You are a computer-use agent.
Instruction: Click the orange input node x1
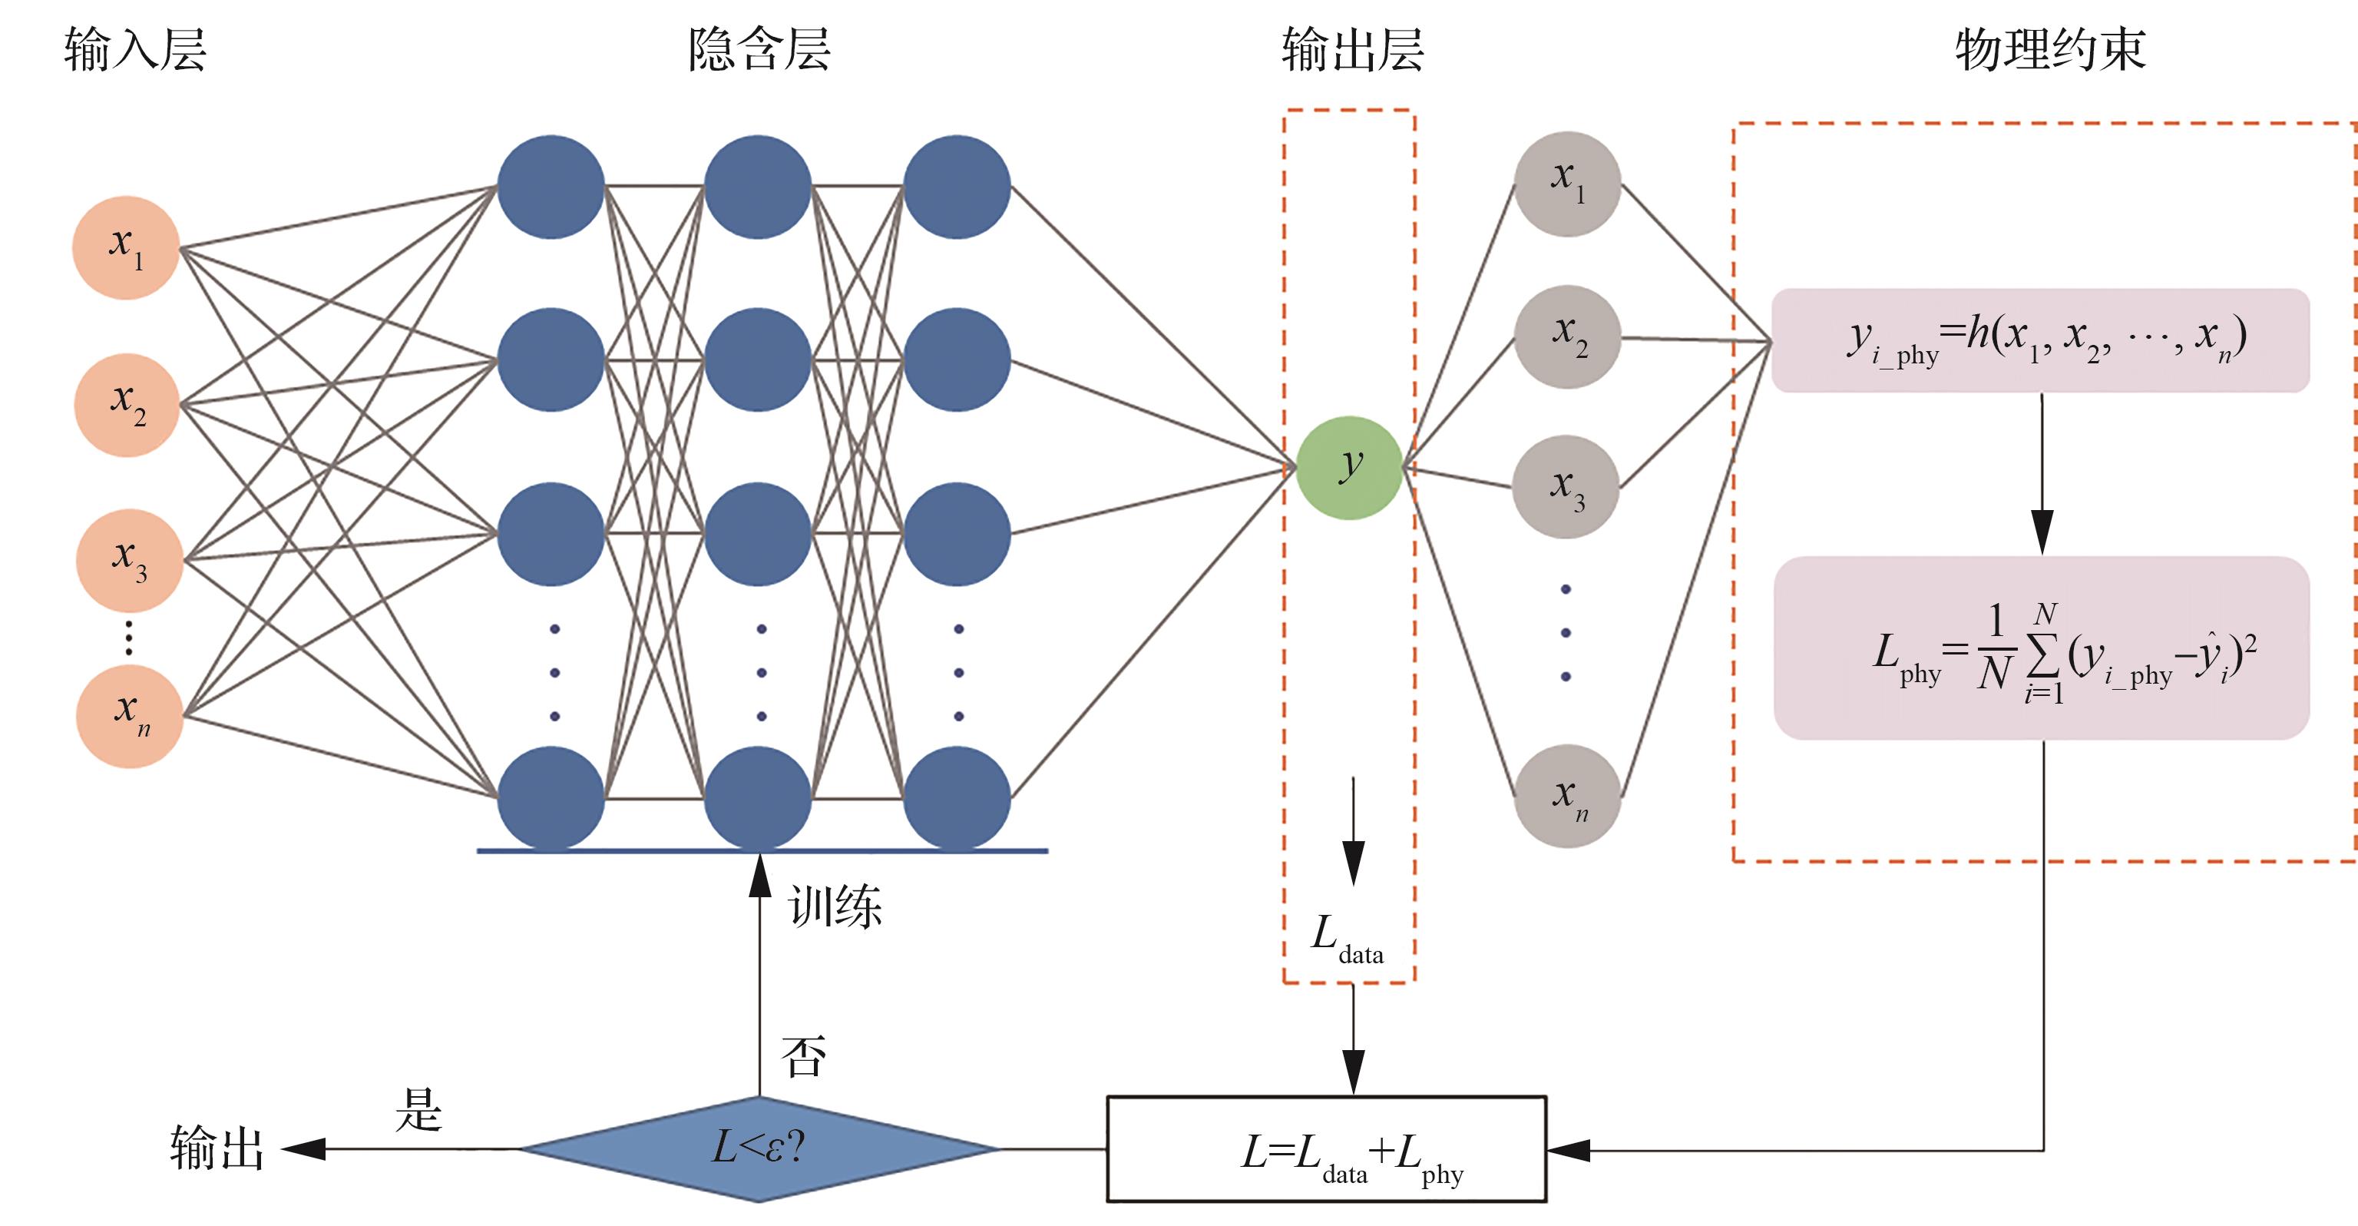pyautogui.click(x=125, y=247)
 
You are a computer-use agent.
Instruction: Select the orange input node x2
pyautogui.click(x=127, y=405)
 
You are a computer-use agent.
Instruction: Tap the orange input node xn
pyautogui.click(x=129, y=716)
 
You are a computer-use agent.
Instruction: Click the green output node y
pyautogui.click(x=1349, y=468)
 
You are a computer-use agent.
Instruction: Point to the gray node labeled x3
pyautogui.click(x=1566, y=487)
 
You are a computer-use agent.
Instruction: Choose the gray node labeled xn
pyautogui.click(x=1568, y=796)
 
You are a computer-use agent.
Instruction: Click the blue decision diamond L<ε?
pyautogui.click(x=759, y=1148)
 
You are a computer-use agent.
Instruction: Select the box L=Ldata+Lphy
pyautogui.click(x=1326, y=1149)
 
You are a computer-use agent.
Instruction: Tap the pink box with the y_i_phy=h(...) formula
pyautogui.click(x=2040, y=340)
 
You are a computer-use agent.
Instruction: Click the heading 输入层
pyautogui.click(x=135, y=49)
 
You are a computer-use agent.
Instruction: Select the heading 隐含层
pyautogui.click(x=759, y=49)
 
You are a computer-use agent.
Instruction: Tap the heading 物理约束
pyautogui.click(x=2050, y=49)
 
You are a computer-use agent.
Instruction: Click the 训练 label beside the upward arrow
pyautogui.click(x=835, y=906)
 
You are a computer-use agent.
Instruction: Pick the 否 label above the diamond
pyautogui.click(x=804, y=1056)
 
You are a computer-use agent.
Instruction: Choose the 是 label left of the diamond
pyautogui.click(x=418, y=1110)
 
